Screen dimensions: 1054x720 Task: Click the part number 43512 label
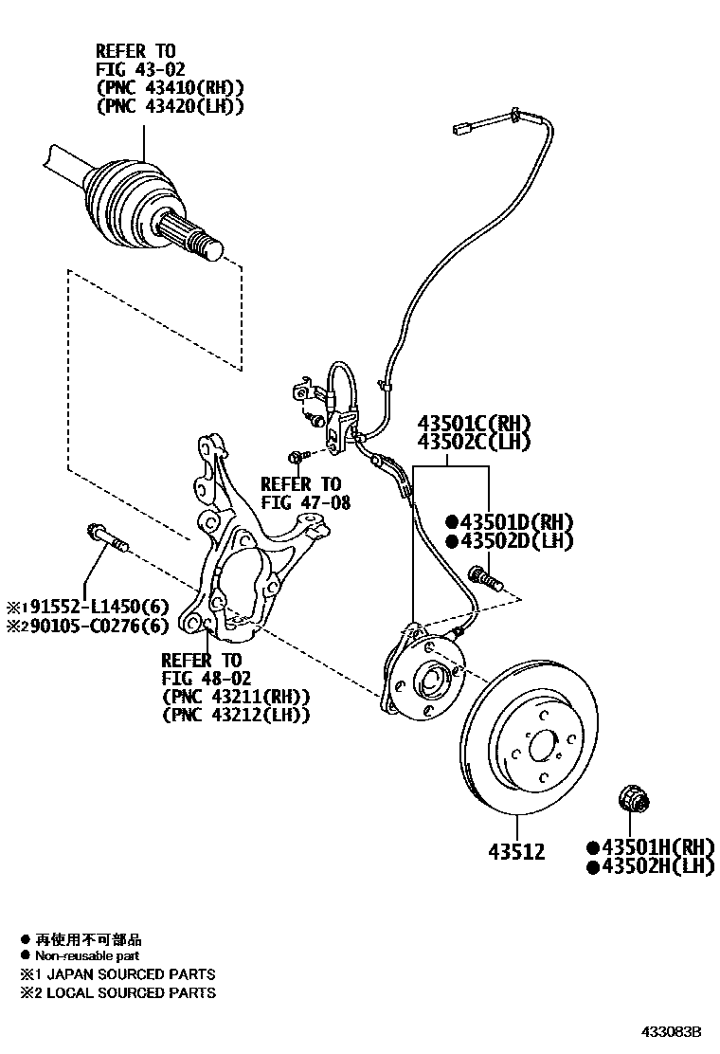coord(516,851)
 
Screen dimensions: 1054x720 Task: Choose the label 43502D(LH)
coord(512,541)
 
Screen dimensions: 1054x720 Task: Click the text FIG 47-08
coord(305,503)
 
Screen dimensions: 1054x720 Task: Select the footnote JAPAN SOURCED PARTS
coord(119,973)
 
